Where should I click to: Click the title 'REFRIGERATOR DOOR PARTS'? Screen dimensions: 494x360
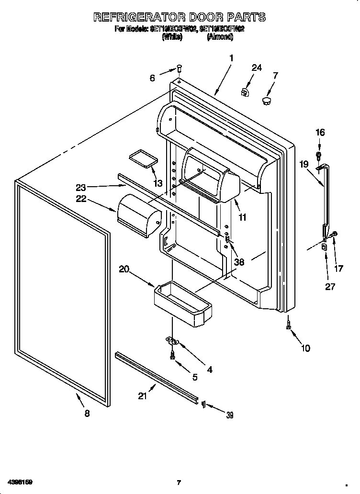(x=180, y=17)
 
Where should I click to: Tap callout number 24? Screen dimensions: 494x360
(x=257, y=68)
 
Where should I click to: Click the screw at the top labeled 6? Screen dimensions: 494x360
(x=179, y=68)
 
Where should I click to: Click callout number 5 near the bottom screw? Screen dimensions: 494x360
(x=195, y=377)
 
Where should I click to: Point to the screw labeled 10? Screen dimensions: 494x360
(x=288, y=325)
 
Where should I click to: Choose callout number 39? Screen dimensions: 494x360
(x=229, y=415)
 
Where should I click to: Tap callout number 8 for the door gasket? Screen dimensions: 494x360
(x=87, y=414)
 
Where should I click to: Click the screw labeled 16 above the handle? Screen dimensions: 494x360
(x=319, y=155)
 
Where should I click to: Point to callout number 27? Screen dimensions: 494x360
(x=330, y=287)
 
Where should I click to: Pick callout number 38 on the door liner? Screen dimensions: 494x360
(x=239, y=262)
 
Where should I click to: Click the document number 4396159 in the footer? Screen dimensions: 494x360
(x=20, y=482)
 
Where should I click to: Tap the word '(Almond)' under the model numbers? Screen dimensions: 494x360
(x=220, y=36)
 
